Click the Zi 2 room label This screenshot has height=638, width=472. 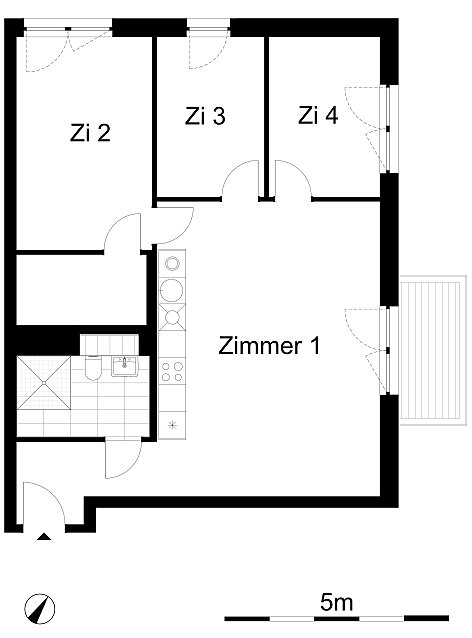pos(90,133)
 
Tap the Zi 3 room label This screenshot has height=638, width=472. pos(205,116)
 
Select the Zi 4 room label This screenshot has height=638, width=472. pos(318,115)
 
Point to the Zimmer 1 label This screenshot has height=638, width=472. pos(269,345)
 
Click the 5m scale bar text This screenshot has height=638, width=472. pos(336,602)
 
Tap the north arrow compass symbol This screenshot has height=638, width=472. pos(39,609)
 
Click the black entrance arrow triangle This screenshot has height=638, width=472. pos(44,537)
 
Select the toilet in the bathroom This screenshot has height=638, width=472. pos(93,367)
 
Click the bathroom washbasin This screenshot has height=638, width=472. pos(125,366)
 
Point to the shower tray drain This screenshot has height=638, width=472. pos(44,383)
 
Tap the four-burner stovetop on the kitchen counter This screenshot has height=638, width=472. pos(172,371)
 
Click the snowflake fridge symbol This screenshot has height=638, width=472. pos(173,426)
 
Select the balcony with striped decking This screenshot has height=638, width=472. pos(433,350)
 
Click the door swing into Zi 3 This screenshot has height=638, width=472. pos(240,179)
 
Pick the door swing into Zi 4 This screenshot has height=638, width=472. pos(293,179)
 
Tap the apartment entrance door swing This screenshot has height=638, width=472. pos(43,503)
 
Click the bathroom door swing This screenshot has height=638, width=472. pos(123,459)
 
